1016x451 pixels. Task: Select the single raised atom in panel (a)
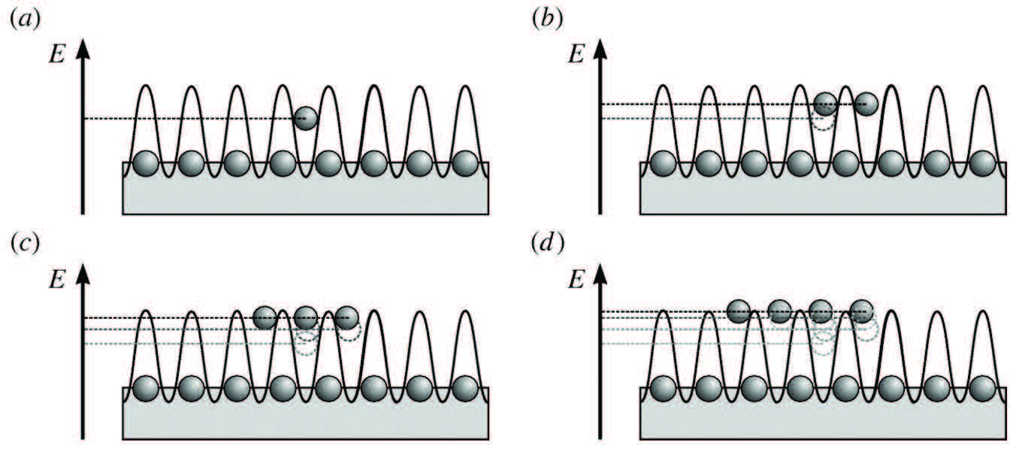coord(305,118)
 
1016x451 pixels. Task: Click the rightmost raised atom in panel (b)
coord(866,104)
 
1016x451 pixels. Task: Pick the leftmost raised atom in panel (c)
coord(265,318)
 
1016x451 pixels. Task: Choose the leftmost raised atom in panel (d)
coord(739,310)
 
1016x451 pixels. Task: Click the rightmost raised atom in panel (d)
coord(862,310)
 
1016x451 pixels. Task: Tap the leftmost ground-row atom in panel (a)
coord(145,162)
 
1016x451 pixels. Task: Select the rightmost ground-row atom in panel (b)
coord(981,162)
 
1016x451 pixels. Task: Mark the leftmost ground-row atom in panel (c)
coord(145,388)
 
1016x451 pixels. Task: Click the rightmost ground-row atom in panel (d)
coord(981,388)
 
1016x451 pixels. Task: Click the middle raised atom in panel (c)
coord(306,318)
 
